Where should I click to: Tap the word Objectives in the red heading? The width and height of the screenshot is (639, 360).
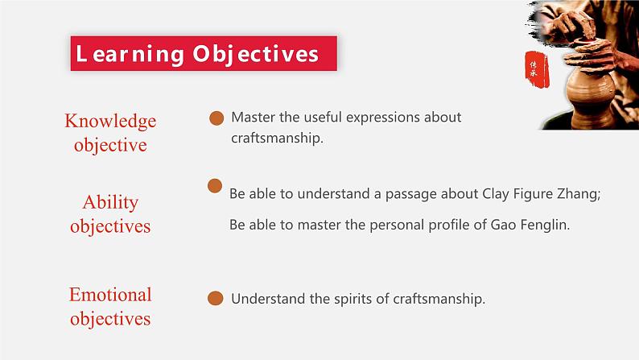(x=256, y=54)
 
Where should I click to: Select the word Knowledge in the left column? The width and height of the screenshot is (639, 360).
(x=110, y=121)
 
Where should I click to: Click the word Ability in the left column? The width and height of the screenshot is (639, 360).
(x=110, y=202)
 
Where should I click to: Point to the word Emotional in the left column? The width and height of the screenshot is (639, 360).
(x=110, y=294)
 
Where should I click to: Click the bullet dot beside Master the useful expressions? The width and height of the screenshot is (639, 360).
(x=216, y=118)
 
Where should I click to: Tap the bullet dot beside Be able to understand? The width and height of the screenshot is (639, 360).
(x=215, y=186)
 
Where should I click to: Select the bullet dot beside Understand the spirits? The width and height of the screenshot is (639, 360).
(x=215, y=299)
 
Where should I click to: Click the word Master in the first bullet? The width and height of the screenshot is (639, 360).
(x=253, y=118)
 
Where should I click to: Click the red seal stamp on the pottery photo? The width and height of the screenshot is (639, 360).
(x=532, y=68)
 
